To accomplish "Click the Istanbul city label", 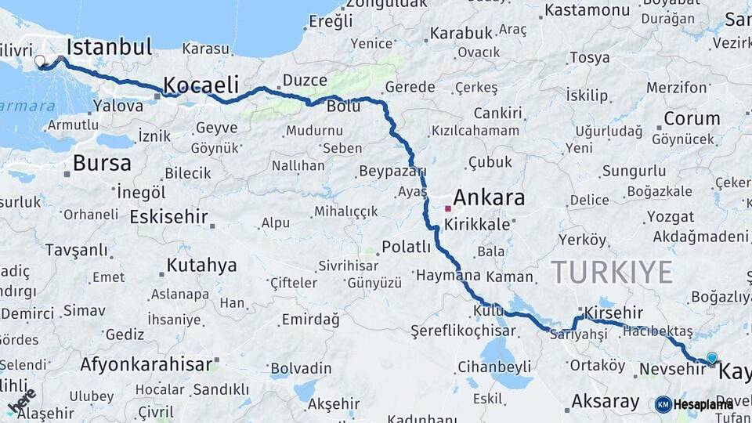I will tap(110, 47).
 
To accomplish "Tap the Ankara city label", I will tap(489, 197).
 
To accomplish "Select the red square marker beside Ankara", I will tap(447, 209).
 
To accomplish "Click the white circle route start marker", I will tap(40, 60).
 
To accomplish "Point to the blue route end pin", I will tap(711, 358).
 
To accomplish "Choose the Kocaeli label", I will tap(200, 85).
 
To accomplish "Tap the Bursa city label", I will tap(102, 163).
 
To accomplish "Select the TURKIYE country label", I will tap(612, 273).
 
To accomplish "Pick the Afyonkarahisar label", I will tap(146, 364).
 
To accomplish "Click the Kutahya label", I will tap(201, 266).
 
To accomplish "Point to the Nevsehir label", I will tap(673, 368).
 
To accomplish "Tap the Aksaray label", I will tap(606, 402).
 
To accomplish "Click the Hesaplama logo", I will tap(694, 404).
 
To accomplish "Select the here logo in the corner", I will tap(21, 401).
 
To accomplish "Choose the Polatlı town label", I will tap(406, 248).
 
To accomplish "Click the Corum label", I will tap(692, 119).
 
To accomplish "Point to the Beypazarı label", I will tap(392, 171).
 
